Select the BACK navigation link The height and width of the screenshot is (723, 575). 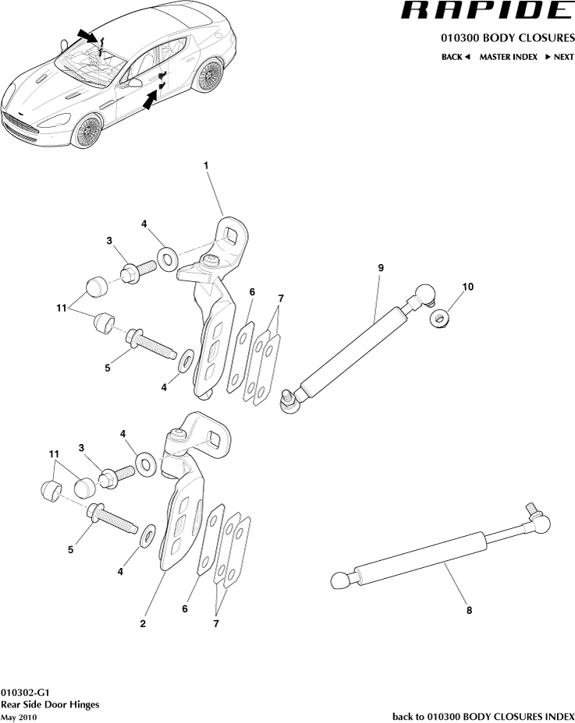click(x=455, y=57)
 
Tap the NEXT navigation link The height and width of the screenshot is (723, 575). click(x=559, y=57)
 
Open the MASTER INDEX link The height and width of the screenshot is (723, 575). click(x=508, y=57)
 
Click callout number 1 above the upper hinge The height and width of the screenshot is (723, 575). click(x=206, y=165)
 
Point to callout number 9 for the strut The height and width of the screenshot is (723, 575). click(x=381, y=268)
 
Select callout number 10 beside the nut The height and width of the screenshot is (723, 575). click(x=467, y=287)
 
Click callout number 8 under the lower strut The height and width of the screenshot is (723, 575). click(x=468, y=611)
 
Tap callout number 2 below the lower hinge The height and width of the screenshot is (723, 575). click(x=143, y=623)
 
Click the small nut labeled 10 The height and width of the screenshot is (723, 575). click(x=441, y=318)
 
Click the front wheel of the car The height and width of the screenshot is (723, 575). click(x=87, y=130)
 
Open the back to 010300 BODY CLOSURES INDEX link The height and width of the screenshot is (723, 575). click(x=483, y=716)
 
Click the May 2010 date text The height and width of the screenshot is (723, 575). click(x=19, y=716)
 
